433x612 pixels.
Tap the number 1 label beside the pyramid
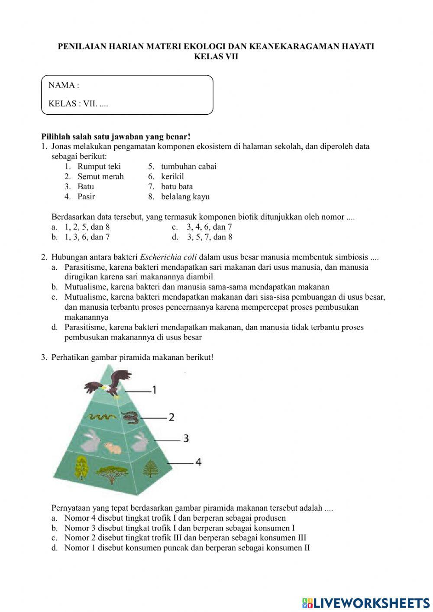tap(154, 390)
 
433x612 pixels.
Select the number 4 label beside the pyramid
tap(198, 462)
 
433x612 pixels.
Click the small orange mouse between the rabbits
tap(112, 448)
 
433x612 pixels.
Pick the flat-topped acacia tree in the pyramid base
tap(110, 473)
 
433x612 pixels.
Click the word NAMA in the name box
tap(61, 85)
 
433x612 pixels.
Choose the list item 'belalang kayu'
tap(185, 197)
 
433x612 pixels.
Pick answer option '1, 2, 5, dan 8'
tap(87, 227)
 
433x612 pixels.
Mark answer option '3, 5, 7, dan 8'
tap(210, 237)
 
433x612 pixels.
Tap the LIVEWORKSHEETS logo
tap(366, 602)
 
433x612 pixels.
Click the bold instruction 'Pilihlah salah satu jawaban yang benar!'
tap(116, 136)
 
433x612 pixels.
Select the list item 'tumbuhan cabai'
tap(189, 166)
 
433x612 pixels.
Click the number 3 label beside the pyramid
tap(186, 438)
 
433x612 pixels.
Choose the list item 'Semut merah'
tap(100, 176)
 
